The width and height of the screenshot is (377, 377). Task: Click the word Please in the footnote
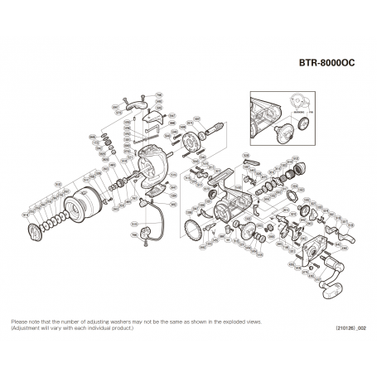tap(17, 321)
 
